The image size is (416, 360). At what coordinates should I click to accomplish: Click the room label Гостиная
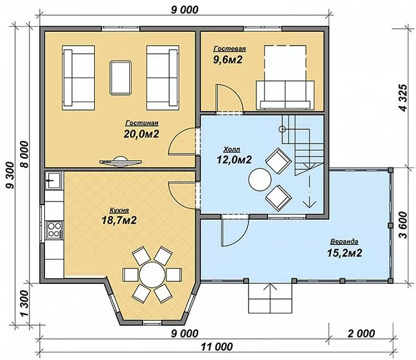pos(142,123)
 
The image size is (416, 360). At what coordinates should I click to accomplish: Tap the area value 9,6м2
pos(227,60)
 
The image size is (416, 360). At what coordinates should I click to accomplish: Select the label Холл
pos(232,150)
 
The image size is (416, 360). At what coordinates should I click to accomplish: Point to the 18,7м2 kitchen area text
pos(119,220)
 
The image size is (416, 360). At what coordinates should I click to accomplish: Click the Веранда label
pos(344,241)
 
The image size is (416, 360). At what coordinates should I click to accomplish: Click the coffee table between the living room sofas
pos(121,77)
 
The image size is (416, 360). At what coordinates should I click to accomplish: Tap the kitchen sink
pos(53,180)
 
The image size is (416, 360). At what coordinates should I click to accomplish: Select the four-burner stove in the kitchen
pos(54,230)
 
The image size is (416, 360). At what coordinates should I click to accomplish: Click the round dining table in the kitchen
pos(152,274)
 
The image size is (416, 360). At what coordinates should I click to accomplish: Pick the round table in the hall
pos(260,180)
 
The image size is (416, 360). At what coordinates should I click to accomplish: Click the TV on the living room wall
pos(121,162)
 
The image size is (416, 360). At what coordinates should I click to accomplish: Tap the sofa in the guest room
pos(285,95)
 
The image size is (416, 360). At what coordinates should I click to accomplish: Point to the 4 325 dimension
pos(404,98)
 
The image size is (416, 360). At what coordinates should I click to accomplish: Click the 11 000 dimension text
pos(217,347)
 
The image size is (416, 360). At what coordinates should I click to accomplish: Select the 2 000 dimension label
pos(362,333)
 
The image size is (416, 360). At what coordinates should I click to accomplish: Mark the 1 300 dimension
pos(24,303)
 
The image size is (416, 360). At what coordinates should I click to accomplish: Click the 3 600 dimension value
pos(404,225)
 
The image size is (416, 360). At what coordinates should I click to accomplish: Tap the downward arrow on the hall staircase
pos(310,191)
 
